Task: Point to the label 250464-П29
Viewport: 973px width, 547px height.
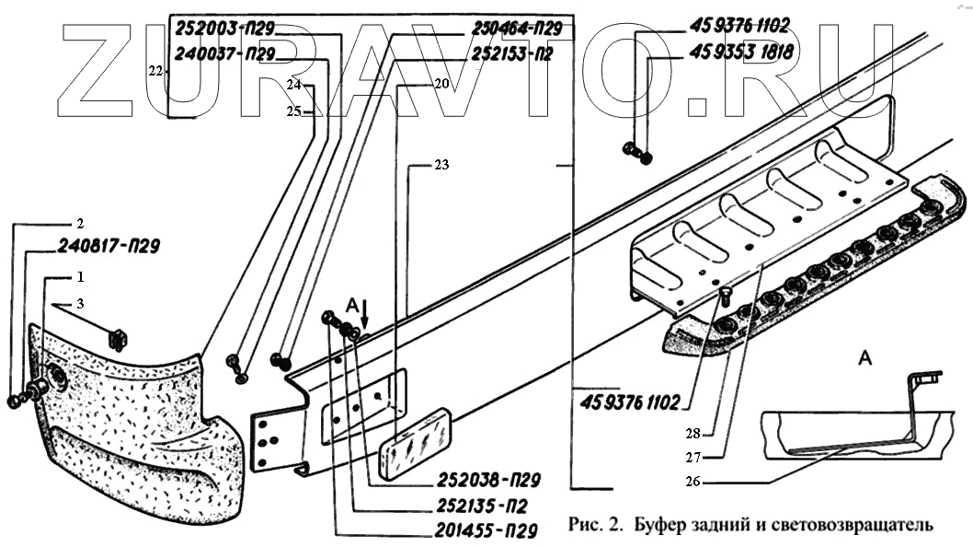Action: click(516, 29)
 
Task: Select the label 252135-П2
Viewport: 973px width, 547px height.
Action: click(486, 505)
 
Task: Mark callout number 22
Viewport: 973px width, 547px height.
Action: click(155, 70)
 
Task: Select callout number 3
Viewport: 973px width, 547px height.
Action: click(80, 304)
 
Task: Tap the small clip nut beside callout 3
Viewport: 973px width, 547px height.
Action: click(117, 338)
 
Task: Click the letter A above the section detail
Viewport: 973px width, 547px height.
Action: click(864, 357)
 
